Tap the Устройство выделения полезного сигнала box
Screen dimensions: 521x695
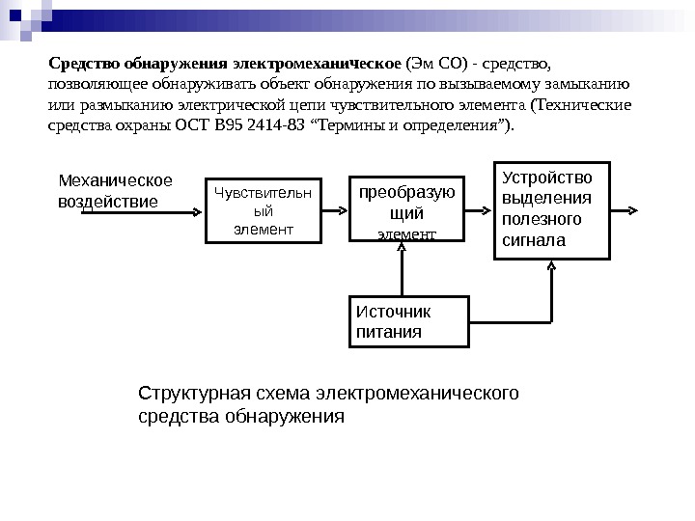pos(553,209)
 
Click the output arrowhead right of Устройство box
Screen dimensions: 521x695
pos(630,209)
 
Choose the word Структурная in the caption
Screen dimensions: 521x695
pos(184,394)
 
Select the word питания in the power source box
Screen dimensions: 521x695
pos(390,331)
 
